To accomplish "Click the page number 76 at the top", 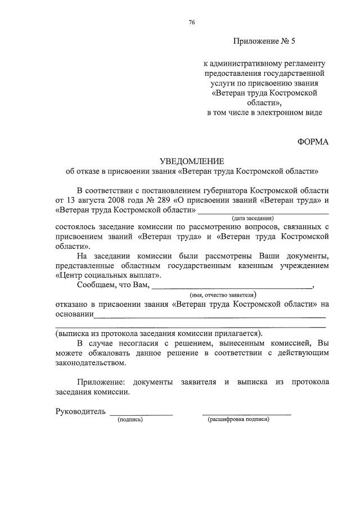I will pos(192,22).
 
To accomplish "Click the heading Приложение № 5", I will pos(263,42).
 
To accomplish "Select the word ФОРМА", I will pos(313,142).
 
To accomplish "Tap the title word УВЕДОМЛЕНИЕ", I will pos(192,161).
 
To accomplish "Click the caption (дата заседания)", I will pos(253,218).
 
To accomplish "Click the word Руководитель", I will pos(80,411).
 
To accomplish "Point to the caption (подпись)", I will pos(129,420).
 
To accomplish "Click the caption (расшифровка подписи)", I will pos(238,420).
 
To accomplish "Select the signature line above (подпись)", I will pos(141,415).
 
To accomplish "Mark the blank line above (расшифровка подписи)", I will pos(247,415).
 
